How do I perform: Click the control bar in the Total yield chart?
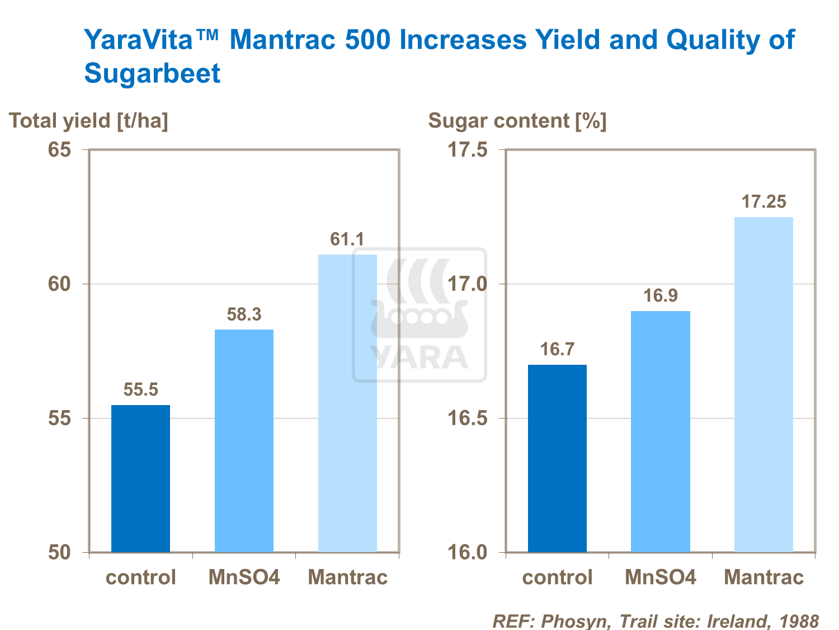[x=140, y=478]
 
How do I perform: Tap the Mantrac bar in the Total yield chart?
[x=347, y=403]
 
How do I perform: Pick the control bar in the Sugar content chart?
[x=557, y=458]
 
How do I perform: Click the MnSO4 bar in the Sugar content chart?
[x=660, y=431]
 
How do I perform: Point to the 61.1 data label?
[x=347, y=239]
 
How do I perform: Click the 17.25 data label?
[x=763, y=201]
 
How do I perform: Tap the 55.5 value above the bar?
[x=140, y=389]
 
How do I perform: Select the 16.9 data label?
[x=660, y=295]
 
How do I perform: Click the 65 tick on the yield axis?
[x=59, y=150]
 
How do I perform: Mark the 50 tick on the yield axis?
[x=59, y=552]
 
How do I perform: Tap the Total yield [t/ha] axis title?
[x=88, y=121]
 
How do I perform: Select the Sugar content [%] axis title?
[x=517, y=121]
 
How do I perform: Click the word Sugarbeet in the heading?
[x=152, y=73]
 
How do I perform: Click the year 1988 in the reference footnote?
[x=799, y=621]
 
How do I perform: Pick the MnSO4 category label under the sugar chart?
[x=660, y=577]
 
